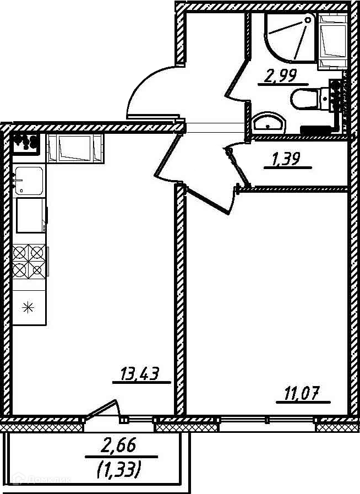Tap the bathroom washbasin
tap(268, 122)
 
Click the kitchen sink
tap(28, 180)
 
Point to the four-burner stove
tap(28, 261)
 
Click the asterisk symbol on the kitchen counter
tap(28, 307)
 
